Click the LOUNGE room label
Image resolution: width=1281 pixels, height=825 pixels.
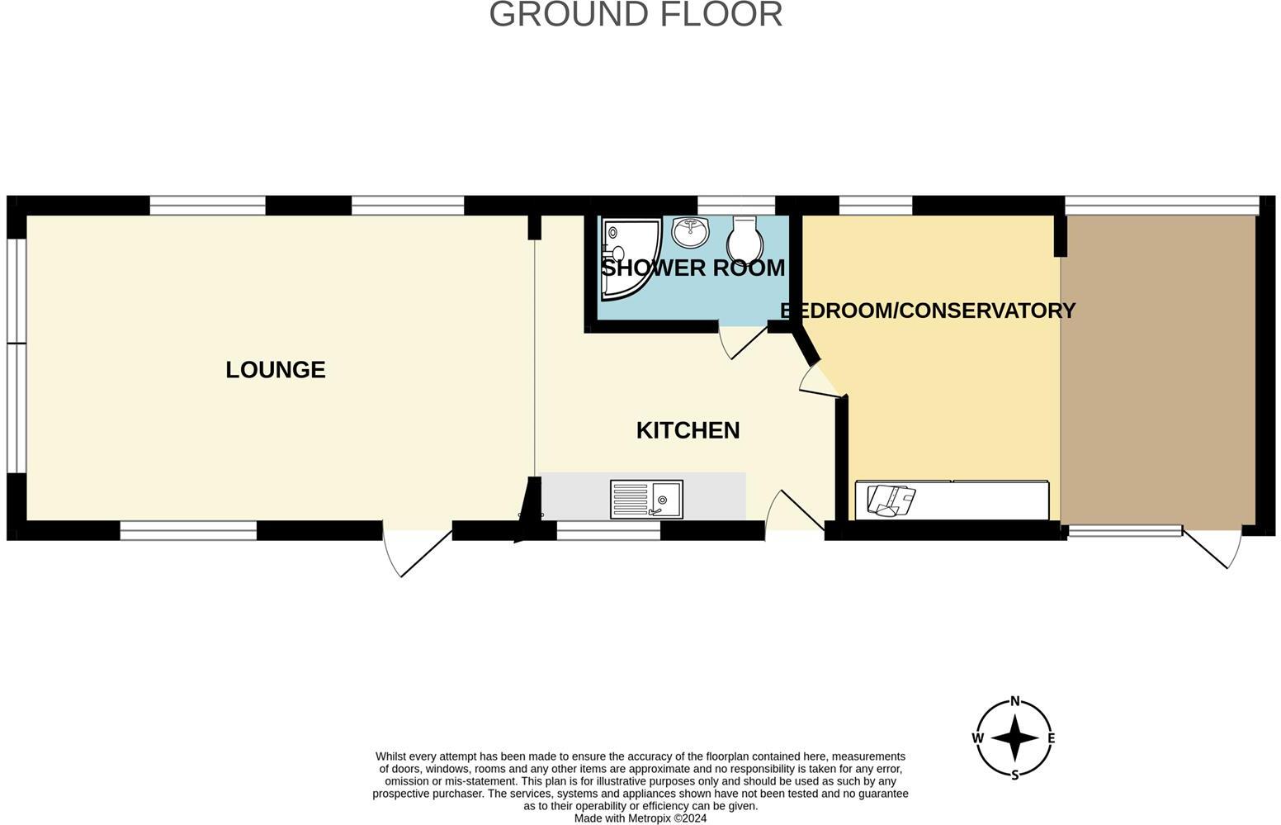tap(276, 369)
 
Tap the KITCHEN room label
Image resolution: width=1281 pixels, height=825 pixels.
tap(688, 430)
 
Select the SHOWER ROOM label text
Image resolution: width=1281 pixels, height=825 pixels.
tap(692, 268)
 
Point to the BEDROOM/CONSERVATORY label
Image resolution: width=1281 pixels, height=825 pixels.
tap(928, 311)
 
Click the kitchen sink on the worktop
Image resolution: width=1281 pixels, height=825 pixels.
tap(646, 500)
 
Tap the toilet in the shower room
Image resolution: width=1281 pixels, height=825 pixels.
tap(744, 237)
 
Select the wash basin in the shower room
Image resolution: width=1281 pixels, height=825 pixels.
tap(691, 232)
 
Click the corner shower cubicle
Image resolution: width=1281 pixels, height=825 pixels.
tap(627, 256)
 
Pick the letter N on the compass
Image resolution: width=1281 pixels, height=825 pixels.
tap(1015, 702)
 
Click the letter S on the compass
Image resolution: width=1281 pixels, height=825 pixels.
tap(1015, 775)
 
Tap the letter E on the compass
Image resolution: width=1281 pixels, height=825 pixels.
tap(1052, 737)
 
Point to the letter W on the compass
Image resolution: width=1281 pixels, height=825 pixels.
tap(978, 737)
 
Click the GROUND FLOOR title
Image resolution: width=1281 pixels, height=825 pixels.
tap(636, 15)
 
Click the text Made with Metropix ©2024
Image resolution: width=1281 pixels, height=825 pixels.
tap(640, 818)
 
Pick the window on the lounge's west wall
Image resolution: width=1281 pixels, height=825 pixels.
tap(16, 344)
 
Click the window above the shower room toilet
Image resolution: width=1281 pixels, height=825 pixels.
tap(736, 205)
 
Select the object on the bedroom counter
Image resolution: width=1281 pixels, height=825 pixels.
tap(891, 500)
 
